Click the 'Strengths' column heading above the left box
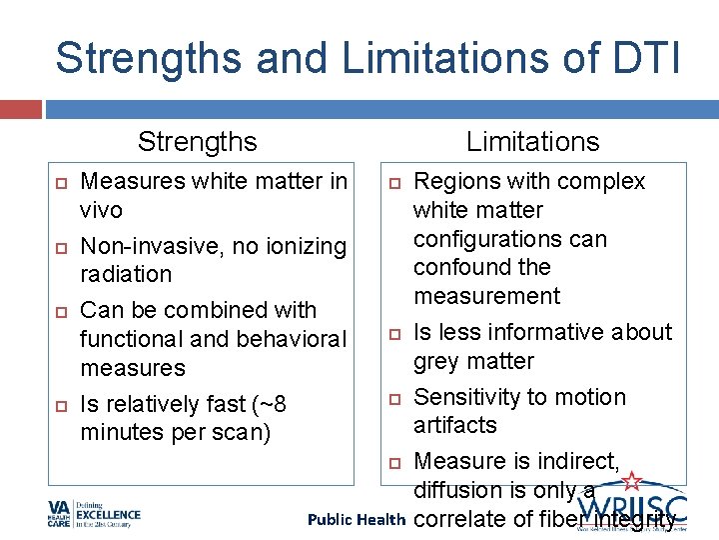coord(197,142)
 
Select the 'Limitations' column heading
coord(532,142)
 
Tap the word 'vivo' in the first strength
coord(101,210)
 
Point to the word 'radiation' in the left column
coord(126,274)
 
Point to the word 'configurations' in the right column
coord(509,239)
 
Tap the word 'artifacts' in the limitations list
coord(454,425)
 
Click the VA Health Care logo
coord(94,512)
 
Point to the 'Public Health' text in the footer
coord(356,519)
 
